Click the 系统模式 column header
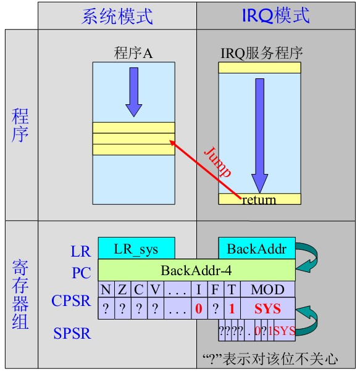pyautogui.click(x=117, y=15)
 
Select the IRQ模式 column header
pyautogui.click(x=275, y=15)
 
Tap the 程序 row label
pyautogui.click(x=20, y=125)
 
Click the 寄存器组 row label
pyautogui.click(x=20, y=294)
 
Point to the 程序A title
pyautogui.click(x=133, y=53)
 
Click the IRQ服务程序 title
pyautogui.click(x=262, y=53)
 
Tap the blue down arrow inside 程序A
pyautogui.click(x=133, y=93)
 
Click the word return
pyautogui.click(x=259, y=199)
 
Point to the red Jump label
pyautogui.click(x=217, y=162)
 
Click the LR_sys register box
pyautogui.click(x=136, y=249)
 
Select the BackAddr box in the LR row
pyautogui.click(x=257, y=249)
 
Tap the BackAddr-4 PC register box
pyautogui.click(x=196, y=270)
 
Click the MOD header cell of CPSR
pyautogui.click(x=267, y=289)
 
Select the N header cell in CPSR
pyautogui.click(x=106, y=289)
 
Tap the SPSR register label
pyautogui.click(x=72, y=334)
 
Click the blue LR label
pyautogui.click(x=80, y=251)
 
